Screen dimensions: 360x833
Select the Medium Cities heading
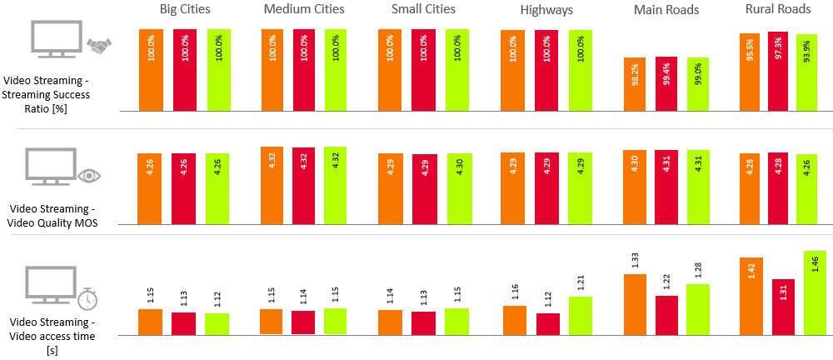click(304, 9)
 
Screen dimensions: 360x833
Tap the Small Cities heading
click(423, 9)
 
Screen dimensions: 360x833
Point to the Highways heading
click(546, 9)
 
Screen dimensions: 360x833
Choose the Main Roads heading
click(666, 10)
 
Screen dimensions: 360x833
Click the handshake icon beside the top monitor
click(100, 47)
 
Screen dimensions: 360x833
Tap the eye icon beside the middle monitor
click(88, 175)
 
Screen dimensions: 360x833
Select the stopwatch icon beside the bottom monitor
click(88, 297)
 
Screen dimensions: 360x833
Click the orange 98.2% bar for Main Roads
click(635, 85)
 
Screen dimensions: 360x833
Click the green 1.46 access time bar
click(815, 292)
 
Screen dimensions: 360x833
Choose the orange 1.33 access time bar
click(635, 304)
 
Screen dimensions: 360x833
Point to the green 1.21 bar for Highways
click(581, 316)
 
